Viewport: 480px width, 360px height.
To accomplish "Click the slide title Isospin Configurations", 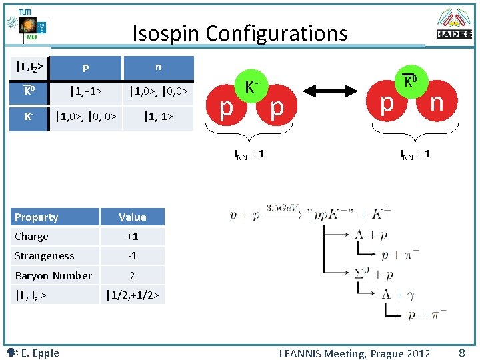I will tap(240, 33).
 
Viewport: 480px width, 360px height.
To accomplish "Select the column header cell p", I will tap(85, 67).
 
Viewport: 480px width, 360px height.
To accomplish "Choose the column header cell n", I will tap(158, 67).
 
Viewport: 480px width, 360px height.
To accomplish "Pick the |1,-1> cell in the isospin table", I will tap(158, 117).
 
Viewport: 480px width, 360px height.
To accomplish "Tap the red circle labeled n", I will tap(436, 103).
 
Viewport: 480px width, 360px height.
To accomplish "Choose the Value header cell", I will tap(132, 217).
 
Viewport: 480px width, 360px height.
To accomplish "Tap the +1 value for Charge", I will tap(132, 237).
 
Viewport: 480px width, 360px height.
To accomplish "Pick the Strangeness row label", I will tap(45, 256).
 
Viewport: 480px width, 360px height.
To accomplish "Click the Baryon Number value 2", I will tap(132, 275).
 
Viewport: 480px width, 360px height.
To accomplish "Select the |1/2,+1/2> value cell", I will tap(132, 295).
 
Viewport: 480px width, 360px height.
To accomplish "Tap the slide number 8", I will tap(461, 353).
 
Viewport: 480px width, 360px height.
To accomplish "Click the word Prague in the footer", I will tap(387, 353).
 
